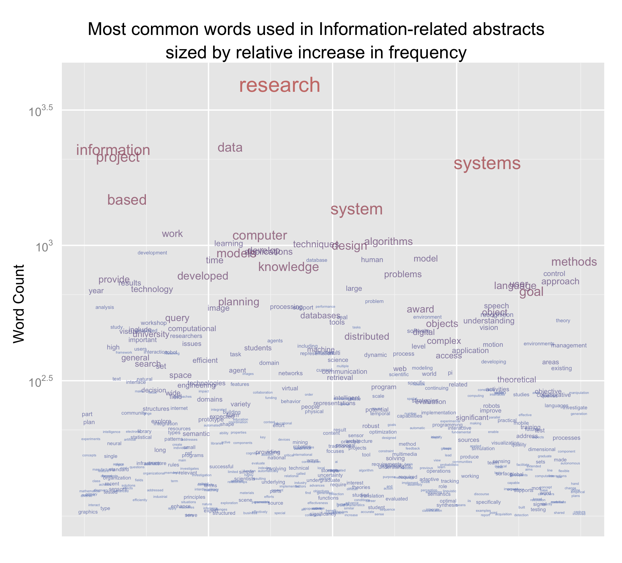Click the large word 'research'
[279, 85]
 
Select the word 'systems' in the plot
[487, 163]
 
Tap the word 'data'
[230, 148]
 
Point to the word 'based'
[127, 200]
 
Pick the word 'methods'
[574, 262]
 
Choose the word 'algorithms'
[388, 242]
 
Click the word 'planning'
[239, 302]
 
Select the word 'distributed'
[367, 337]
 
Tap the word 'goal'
[531, 292]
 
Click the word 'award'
[420, 309]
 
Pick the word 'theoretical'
[517, 380]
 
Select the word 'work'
[172, 234]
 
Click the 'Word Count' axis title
[19, 304]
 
